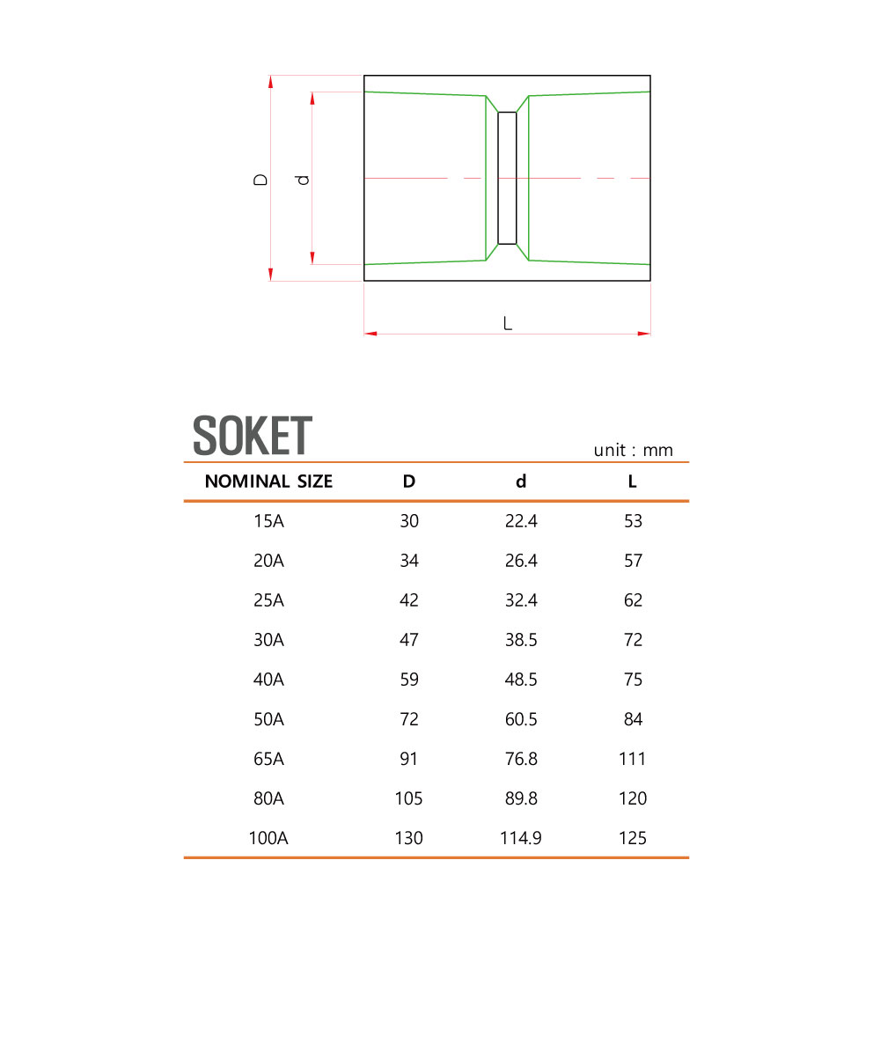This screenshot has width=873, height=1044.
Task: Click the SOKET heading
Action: coord(253,436)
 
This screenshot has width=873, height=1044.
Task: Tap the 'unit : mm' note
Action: coord(633,451)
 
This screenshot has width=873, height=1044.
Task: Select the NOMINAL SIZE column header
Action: coord(268,482)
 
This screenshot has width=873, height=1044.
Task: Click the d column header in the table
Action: coord(521,482)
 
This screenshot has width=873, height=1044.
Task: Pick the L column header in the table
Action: coord(633,482)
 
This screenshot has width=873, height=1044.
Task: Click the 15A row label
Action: coord(268,521)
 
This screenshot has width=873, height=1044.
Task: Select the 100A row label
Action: coord(268,838)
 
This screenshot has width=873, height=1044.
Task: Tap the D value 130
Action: coord(409,838)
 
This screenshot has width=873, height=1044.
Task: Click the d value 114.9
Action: coord(521,838)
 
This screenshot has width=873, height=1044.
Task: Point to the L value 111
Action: coord(633,759)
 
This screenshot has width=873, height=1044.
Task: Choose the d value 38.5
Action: coord(521,640)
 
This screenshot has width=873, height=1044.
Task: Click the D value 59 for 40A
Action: coord(409,680)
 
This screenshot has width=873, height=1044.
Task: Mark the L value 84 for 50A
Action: coord(633,719)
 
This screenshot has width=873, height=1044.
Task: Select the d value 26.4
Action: coord(521,561)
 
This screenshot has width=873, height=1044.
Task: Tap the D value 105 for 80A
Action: coord(409,798)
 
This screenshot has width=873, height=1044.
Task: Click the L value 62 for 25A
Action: coord(633,600)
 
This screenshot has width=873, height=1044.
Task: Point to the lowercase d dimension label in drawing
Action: coord(303,179)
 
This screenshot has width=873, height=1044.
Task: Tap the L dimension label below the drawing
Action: coord(508,324)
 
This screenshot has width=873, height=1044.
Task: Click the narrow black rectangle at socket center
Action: coord(507,178)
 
